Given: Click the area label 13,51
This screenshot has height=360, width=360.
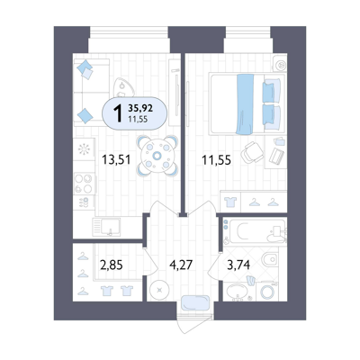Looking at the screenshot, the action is point(116,159).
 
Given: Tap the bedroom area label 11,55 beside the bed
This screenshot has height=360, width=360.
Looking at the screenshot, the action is point(216,160).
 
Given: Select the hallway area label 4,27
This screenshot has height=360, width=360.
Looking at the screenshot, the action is point(181,265).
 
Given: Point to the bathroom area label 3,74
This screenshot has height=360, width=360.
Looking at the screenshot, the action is point(238,265).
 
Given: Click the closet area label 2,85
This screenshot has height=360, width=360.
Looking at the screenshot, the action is point(112,265).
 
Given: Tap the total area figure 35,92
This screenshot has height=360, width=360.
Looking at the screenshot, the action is point(140,108).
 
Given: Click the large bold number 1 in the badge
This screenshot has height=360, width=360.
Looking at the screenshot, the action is point(118,113).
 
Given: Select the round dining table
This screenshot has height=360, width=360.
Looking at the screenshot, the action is point(157,156).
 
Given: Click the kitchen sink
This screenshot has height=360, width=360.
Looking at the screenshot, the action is point(106,227).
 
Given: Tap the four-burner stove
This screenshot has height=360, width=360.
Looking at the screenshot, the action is point(84,184).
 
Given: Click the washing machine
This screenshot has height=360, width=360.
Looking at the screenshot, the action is point(266,291).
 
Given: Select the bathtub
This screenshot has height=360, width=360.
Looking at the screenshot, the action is point(255,231).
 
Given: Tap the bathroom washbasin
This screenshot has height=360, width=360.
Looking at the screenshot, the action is point(238,292).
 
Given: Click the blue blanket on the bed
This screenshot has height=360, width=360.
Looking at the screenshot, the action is point(245,104).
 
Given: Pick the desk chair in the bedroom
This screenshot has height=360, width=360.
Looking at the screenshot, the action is point(251,152).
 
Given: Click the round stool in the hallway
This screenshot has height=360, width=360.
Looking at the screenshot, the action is point(159,290).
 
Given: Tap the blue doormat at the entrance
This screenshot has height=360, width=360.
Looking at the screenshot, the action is point(195,302).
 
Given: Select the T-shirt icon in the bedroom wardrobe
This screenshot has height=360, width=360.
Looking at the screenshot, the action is point(230,202).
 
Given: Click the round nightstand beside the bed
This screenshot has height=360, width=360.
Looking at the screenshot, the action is point(281,65).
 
